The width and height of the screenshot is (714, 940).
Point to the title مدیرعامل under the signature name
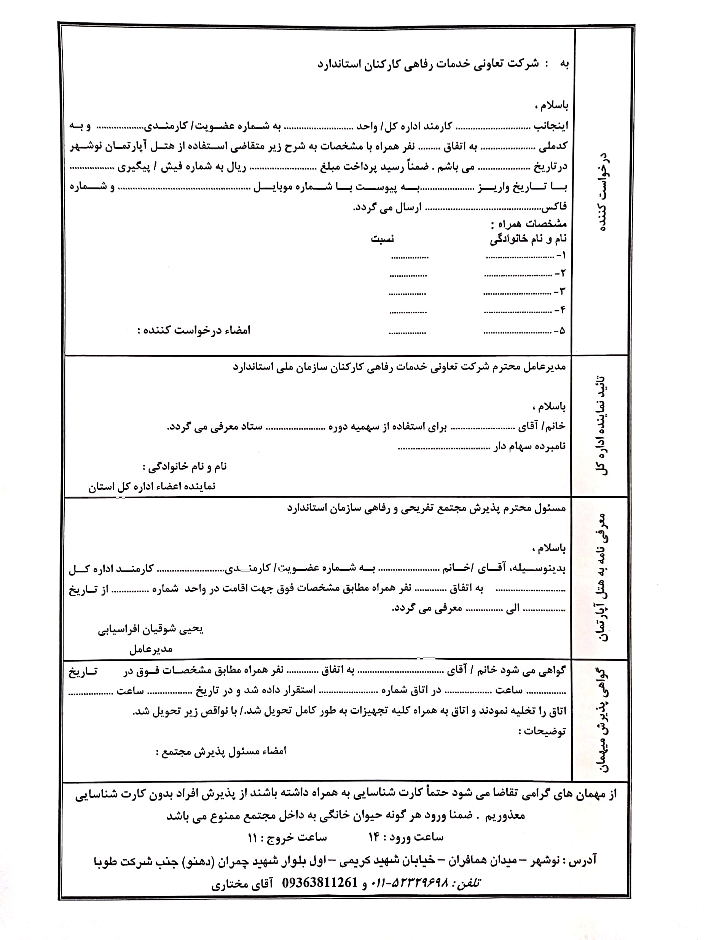151,649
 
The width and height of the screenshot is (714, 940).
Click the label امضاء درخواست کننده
194,330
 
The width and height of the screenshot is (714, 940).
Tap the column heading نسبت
382,239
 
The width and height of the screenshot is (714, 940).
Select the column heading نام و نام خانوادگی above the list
528,239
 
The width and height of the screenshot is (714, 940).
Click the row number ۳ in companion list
562,292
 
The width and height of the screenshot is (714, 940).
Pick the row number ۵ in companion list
562,330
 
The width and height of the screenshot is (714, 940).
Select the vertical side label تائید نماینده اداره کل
601,426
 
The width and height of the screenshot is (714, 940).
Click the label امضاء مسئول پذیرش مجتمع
221,751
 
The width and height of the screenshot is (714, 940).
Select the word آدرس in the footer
583,860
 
